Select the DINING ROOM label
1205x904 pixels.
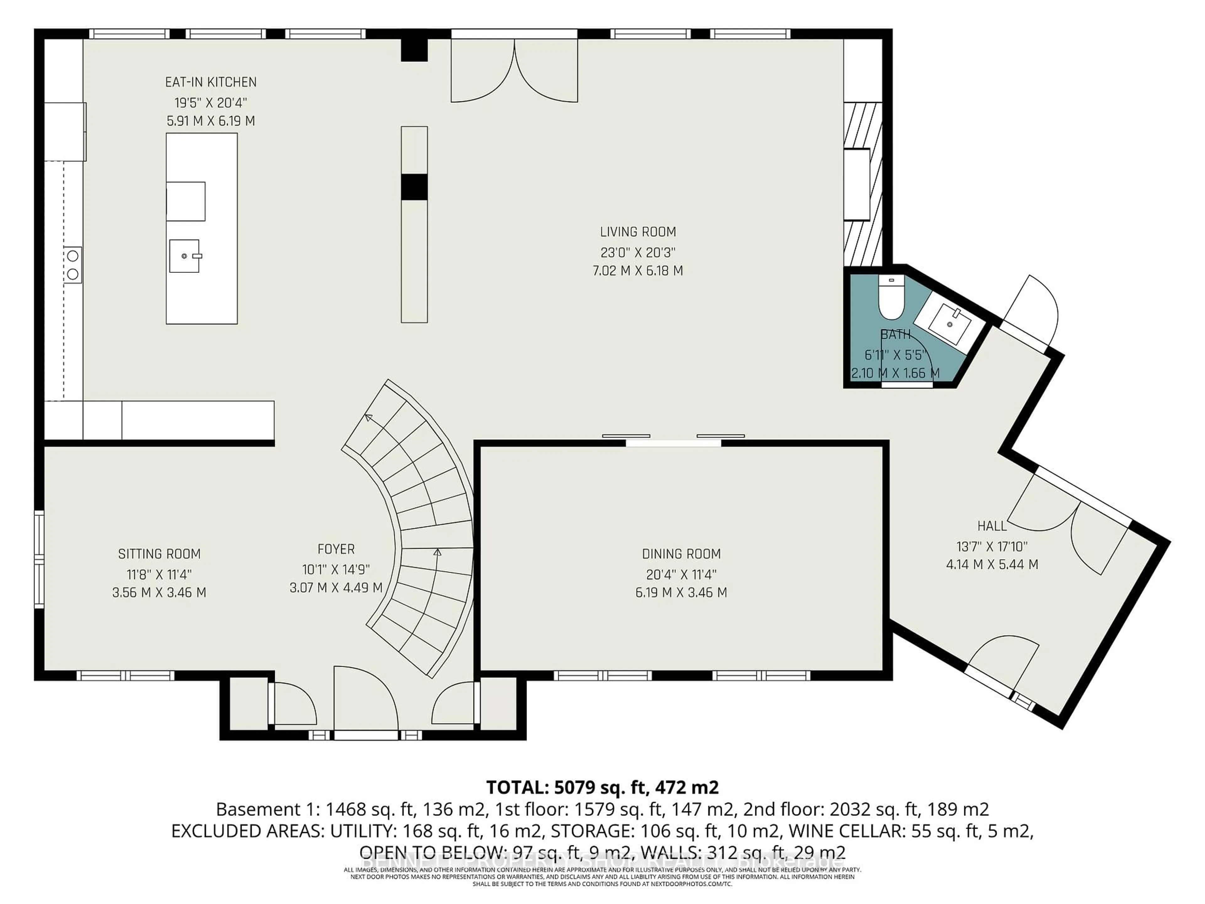(681, 554)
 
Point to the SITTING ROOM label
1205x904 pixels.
(159, 554)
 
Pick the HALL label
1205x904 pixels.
(991, 526)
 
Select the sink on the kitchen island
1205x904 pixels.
(185, 256)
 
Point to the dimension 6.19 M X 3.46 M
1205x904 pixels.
(681, 592)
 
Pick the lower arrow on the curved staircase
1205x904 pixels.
(437, 552)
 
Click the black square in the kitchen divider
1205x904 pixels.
(414, 187)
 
